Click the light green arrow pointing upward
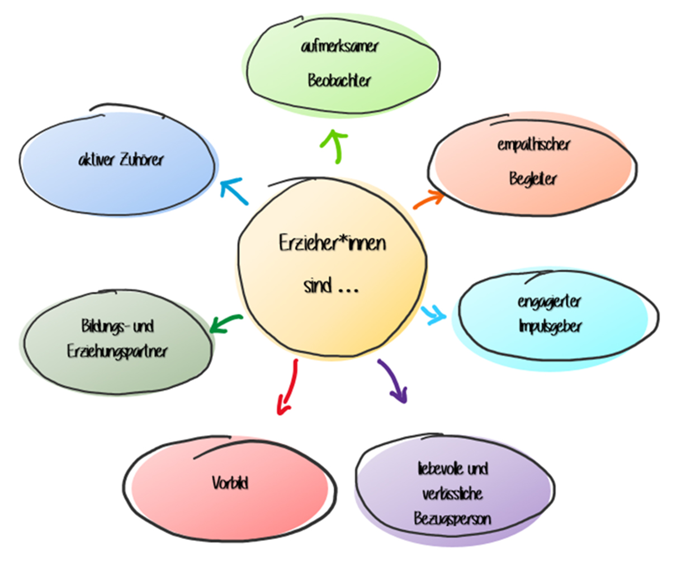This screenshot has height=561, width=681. coord(336,145)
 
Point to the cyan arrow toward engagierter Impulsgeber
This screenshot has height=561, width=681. coord(433,315)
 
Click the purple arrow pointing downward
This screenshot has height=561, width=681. coord(393,381)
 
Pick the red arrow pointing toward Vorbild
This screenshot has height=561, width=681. coord(288,388)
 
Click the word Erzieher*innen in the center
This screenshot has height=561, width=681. coord(332,244)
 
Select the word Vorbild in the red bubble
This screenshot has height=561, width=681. coord(230,482)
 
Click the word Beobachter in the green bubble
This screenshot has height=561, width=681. coord(339,80)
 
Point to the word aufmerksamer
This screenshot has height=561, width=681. coord(339,47)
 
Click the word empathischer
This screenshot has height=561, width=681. coord(533,145)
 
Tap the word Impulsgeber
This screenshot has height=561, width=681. coord(550,326)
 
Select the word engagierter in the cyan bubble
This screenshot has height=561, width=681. coord(549,302)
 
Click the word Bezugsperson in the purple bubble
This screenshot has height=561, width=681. coord(452,519)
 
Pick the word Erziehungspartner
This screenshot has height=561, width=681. coord(117,352)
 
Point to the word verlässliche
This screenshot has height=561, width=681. coord(452,494)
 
